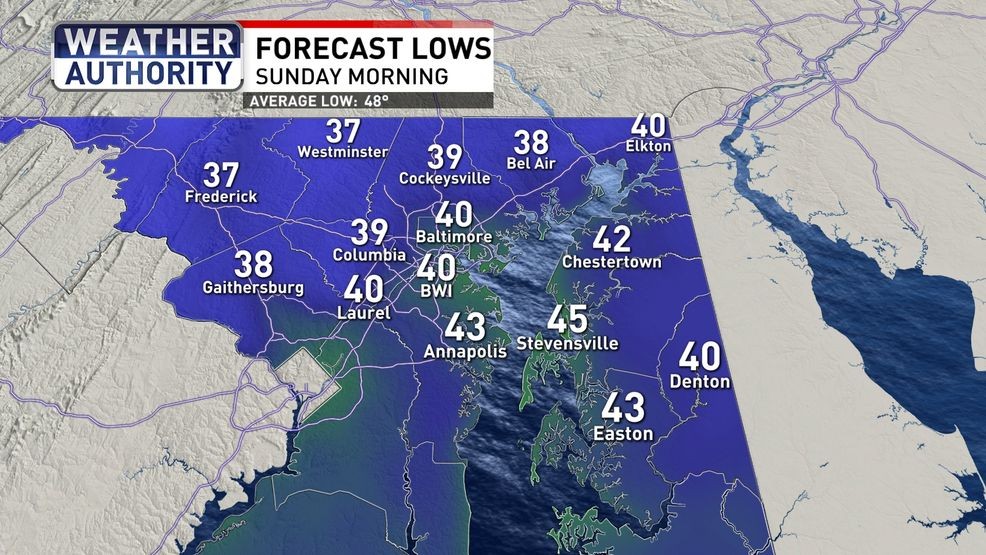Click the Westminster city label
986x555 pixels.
(341, 152)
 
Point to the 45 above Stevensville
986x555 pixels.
(567, 320)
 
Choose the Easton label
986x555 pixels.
(623, 434)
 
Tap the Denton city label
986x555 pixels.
(700, 382)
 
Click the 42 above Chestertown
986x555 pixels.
(612, 240)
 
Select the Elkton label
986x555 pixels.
(649, 147)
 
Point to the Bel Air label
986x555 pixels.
(531, 163)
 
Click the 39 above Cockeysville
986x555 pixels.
(444, 157)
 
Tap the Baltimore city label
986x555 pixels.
(454, 236)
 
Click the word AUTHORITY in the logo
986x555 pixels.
(148, 73)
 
